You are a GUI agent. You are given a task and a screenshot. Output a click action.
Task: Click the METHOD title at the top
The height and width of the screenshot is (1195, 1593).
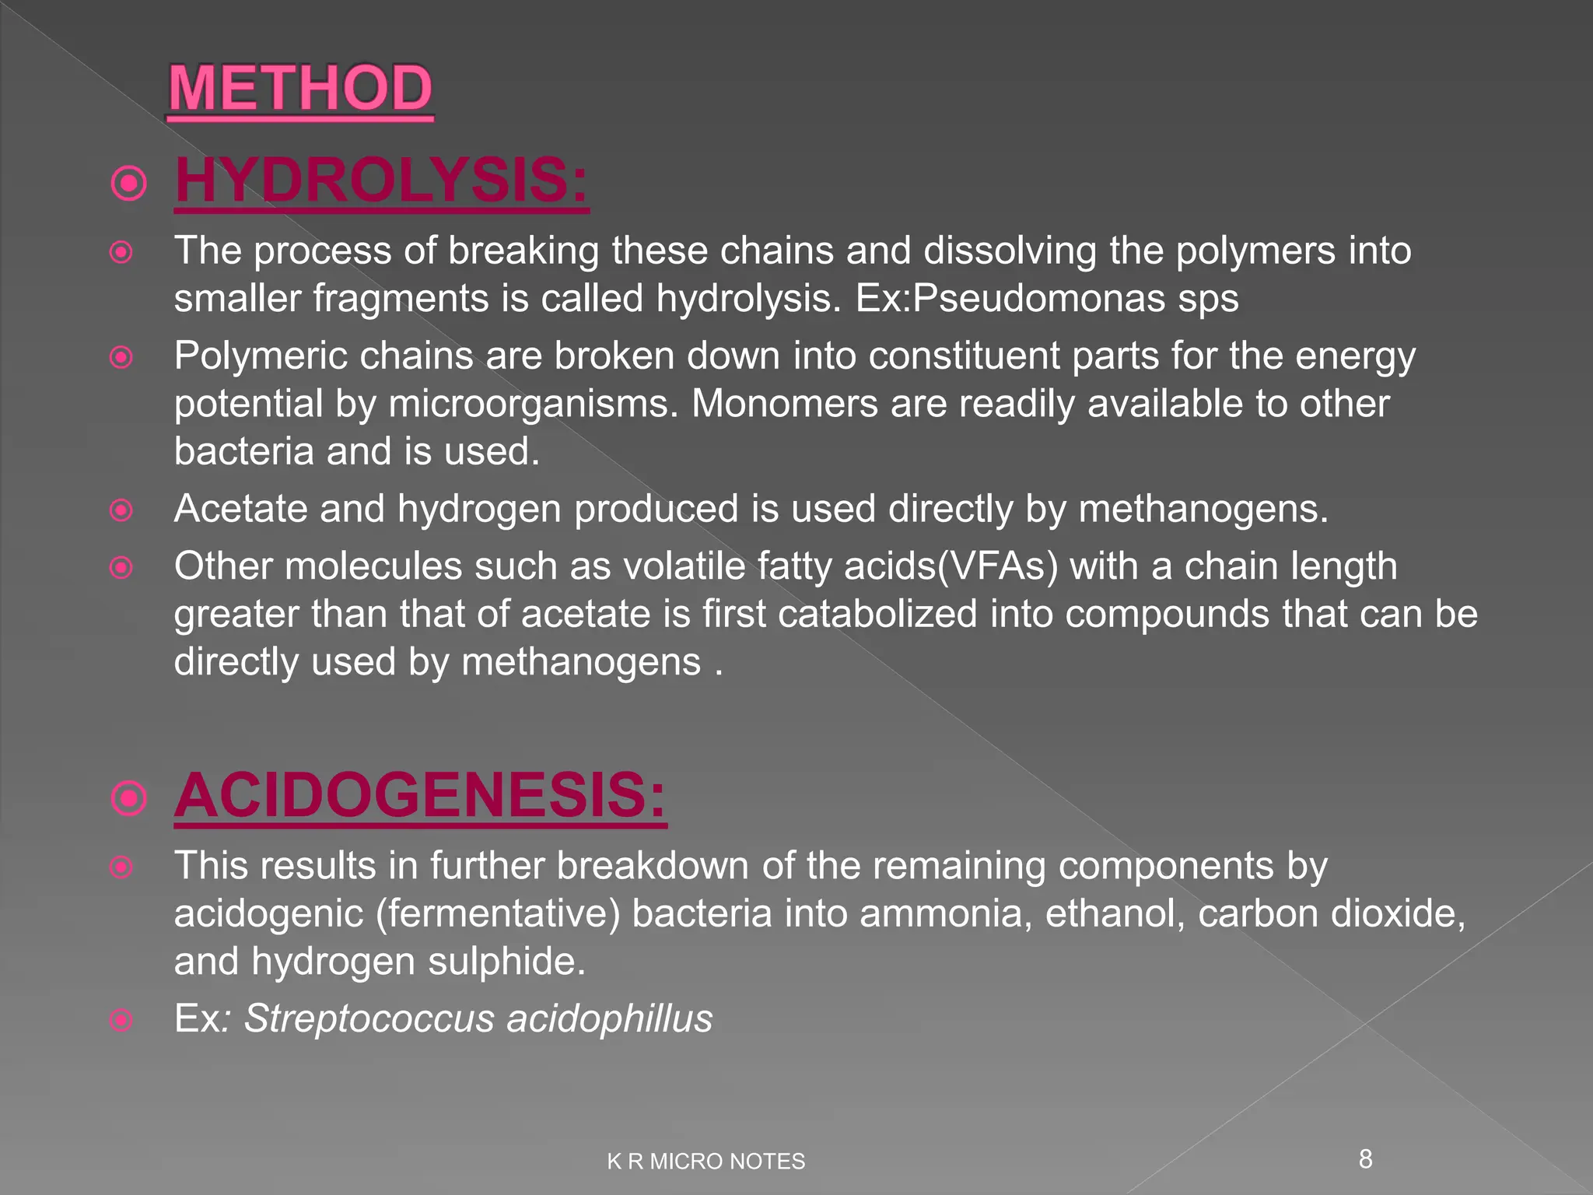[x=300, y=89]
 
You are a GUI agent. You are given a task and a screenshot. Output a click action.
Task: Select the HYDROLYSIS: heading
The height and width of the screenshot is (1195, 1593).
[x=381, y=180]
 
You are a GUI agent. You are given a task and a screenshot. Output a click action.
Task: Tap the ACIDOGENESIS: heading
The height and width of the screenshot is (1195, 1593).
[x=420, y=795]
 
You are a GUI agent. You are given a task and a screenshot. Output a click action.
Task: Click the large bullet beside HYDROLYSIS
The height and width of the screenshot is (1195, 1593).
[x=129, y=184]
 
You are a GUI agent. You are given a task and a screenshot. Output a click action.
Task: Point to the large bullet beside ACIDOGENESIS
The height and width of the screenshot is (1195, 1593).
[x=129, y=798]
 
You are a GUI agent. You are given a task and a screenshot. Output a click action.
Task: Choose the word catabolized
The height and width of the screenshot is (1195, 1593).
[x=877, y=614]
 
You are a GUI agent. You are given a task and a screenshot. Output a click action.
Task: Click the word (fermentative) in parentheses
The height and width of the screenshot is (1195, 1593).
[x=498, y=913]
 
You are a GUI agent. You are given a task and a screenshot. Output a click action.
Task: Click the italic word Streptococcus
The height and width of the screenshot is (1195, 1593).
[x=369, y=1018]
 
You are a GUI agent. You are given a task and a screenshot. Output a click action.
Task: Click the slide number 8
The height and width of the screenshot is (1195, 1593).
[x=1365, y=1159]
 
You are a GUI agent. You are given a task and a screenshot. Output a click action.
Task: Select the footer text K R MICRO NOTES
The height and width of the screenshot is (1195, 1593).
[x=705, y=1162]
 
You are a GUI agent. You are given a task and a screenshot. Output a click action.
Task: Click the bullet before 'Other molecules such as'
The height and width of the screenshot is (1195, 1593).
[x=121, y=568]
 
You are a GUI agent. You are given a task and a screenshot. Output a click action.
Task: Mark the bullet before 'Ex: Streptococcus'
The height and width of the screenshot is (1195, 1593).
[x=121, y=1020]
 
